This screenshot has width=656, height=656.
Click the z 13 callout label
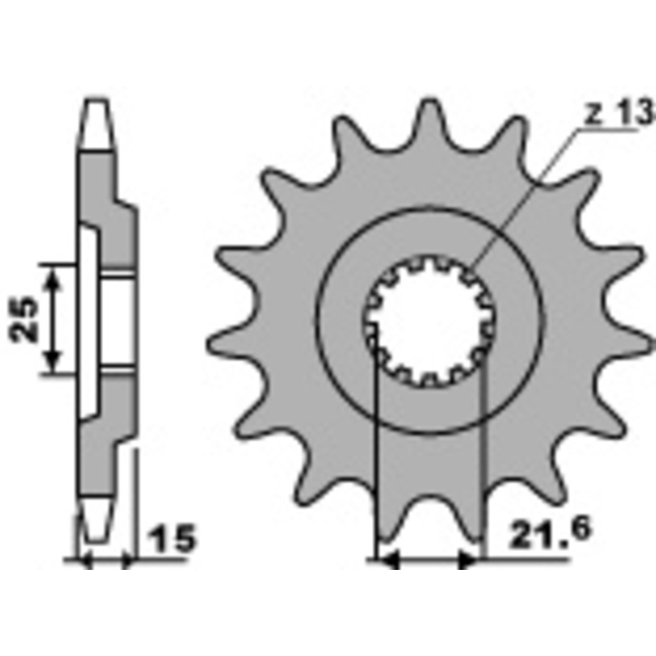609,113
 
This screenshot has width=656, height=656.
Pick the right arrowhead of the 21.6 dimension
468,562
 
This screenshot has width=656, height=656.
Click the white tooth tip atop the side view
97,123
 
